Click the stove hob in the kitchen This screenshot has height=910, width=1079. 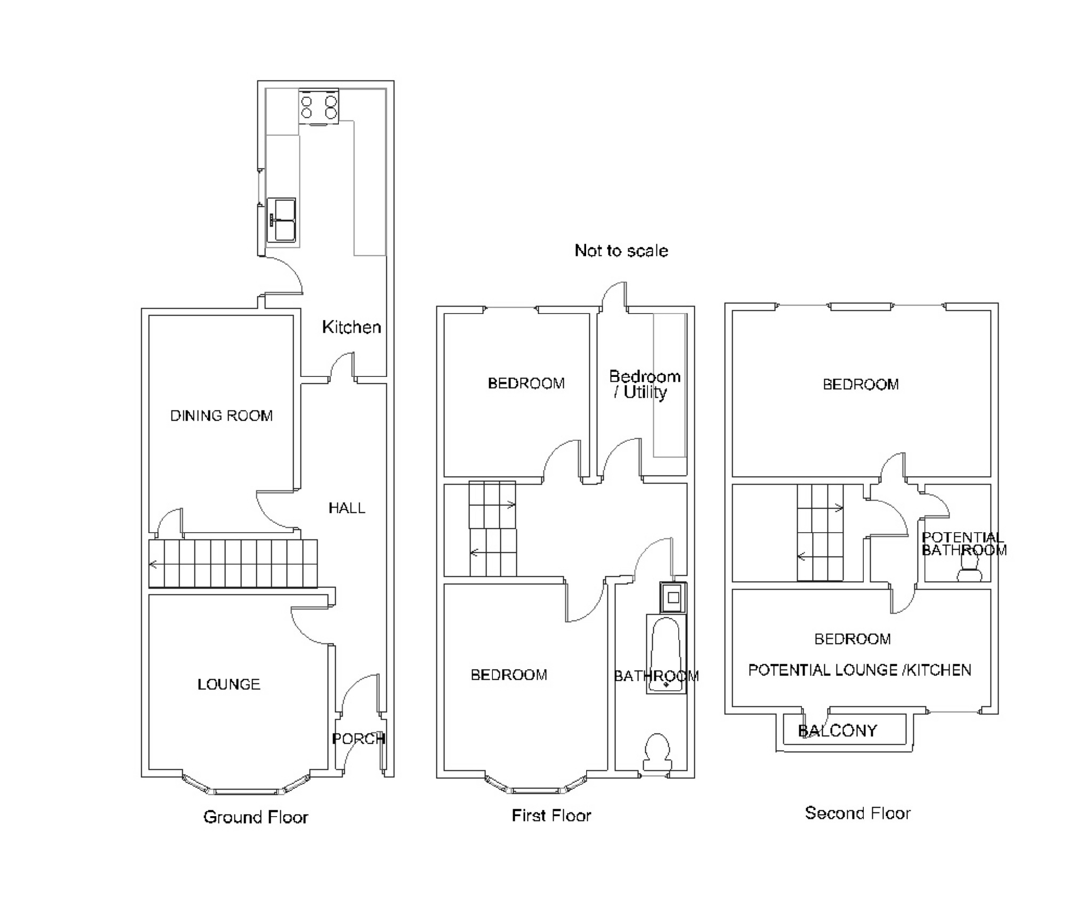(x=318, y=106)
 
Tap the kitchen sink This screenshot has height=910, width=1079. (x=281, y=220)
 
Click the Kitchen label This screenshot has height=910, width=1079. (x=351, y=327)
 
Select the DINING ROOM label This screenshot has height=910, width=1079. (x=221, y=416)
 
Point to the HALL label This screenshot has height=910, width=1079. (x=347, y=508)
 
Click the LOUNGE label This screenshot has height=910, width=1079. (x=229, y=684)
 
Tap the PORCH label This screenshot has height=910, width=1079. (x=358, y=738)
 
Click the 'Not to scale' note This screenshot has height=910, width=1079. (x=621, y=251)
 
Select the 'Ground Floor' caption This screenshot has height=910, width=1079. (x=256, y=817)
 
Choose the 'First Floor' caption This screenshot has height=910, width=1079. (x=551, y=815)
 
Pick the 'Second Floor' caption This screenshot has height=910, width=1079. (x=857, y=813)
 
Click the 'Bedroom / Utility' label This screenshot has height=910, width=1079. (x=644, y=384)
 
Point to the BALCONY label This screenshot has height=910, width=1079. (x=837, y=730)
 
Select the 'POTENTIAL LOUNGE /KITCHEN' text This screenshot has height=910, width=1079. (x=859, y=670)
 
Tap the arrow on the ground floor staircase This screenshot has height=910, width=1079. (x=153, y=564)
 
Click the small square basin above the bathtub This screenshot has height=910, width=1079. (x=673, y=598)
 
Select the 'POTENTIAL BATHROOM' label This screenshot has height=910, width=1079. (x=963, y=544)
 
